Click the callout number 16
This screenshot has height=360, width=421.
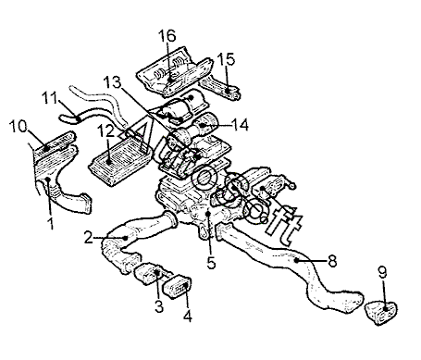click(x=167, y=36)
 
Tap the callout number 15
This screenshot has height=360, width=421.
click(x=226, y=59)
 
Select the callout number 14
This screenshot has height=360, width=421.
click(x=240, y=125)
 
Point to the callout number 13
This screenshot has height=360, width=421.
click(x=112, y=82)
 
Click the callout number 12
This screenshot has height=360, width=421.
click(x=105, y=131)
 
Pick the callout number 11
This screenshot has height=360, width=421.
click(x=49, y=98)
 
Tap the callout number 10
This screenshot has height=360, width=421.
click(x=18, y=126)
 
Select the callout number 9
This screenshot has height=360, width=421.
click(x=382, y=273)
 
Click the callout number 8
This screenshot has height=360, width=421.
click(x=332, y=261)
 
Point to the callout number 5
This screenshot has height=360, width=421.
click(x=211, y=263)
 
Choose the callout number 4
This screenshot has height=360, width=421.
click(x=188, y=316)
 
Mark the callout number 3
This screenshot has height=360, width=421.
click(x=159, y=306)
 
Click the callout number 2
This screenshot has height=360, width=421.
click(x=88, y=238)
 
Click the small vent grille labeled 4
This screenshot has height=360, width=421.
click(x=179, y=287)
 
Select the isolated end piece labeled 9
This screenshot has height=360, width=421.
click(x=381, y=312)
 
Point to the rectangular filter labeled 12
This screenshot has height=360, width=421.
click(x=120, y=160)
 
